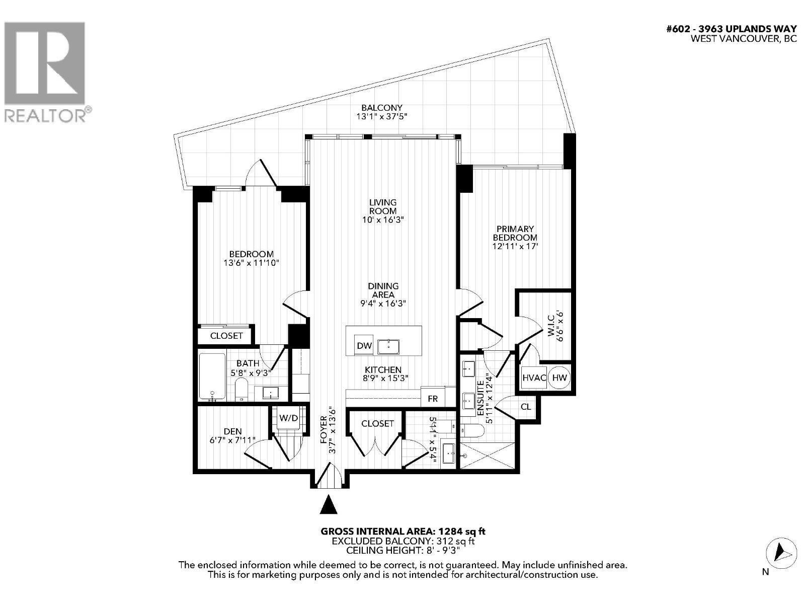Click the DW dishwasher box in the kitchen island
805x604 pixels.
(364, 346)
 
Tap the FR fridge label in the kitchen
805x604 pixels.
(433, 398)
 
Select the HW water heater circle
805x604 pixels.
(559, 377)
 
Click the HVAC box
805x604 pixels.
(534, 377)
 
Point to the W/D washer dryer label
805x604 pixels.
(288, 418)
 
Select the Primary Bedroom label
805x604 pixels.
(515, 233)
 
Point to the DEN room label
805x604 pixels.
(232, 431)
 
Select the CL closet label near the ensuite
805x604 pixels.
(526, 407)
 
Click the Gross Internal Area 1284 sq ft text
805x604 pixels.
(403, 531)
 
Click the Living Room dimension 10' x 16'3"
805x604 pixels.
(383, 220)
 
